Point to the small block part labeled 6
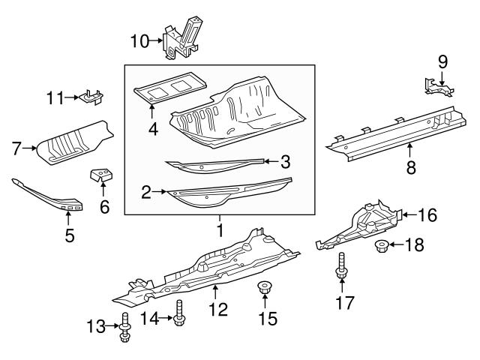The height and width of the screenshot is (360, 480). coord(102,176)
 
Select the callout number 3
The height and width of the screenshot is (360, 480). coord(284,160)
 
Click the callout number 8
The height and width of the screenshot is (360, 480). coord(410,168)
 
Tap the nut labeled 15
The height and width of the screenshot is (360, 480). coord(264,287)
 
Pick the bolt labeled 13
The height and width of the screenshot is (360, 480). coord(124,330)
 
